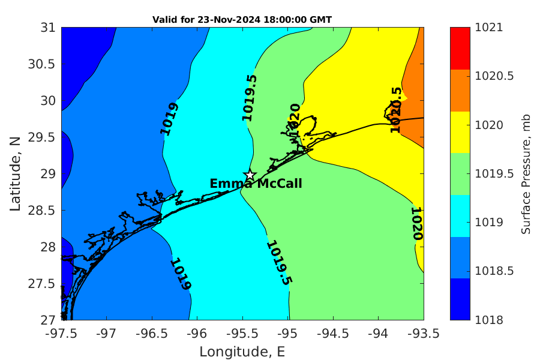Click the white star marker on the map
tap(250, 175)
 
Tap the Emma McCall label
tap(256, 184)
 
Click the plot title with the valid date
tap(242, 20)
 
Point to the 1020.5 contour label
tap(396, 109)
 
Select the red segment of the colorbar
tap(460, 48)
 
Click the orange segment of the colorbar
tap(460, 90)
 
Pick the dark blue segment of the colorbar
tap(460, 299)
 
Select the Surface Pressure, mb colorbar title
tap(526, 174)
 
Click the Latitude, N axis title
tap(15, 173)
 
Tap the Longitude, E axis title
tap(242, 352)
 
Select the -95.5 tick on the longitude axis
tap(242, 332)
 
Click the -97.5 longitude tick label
tap(61, 332)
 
